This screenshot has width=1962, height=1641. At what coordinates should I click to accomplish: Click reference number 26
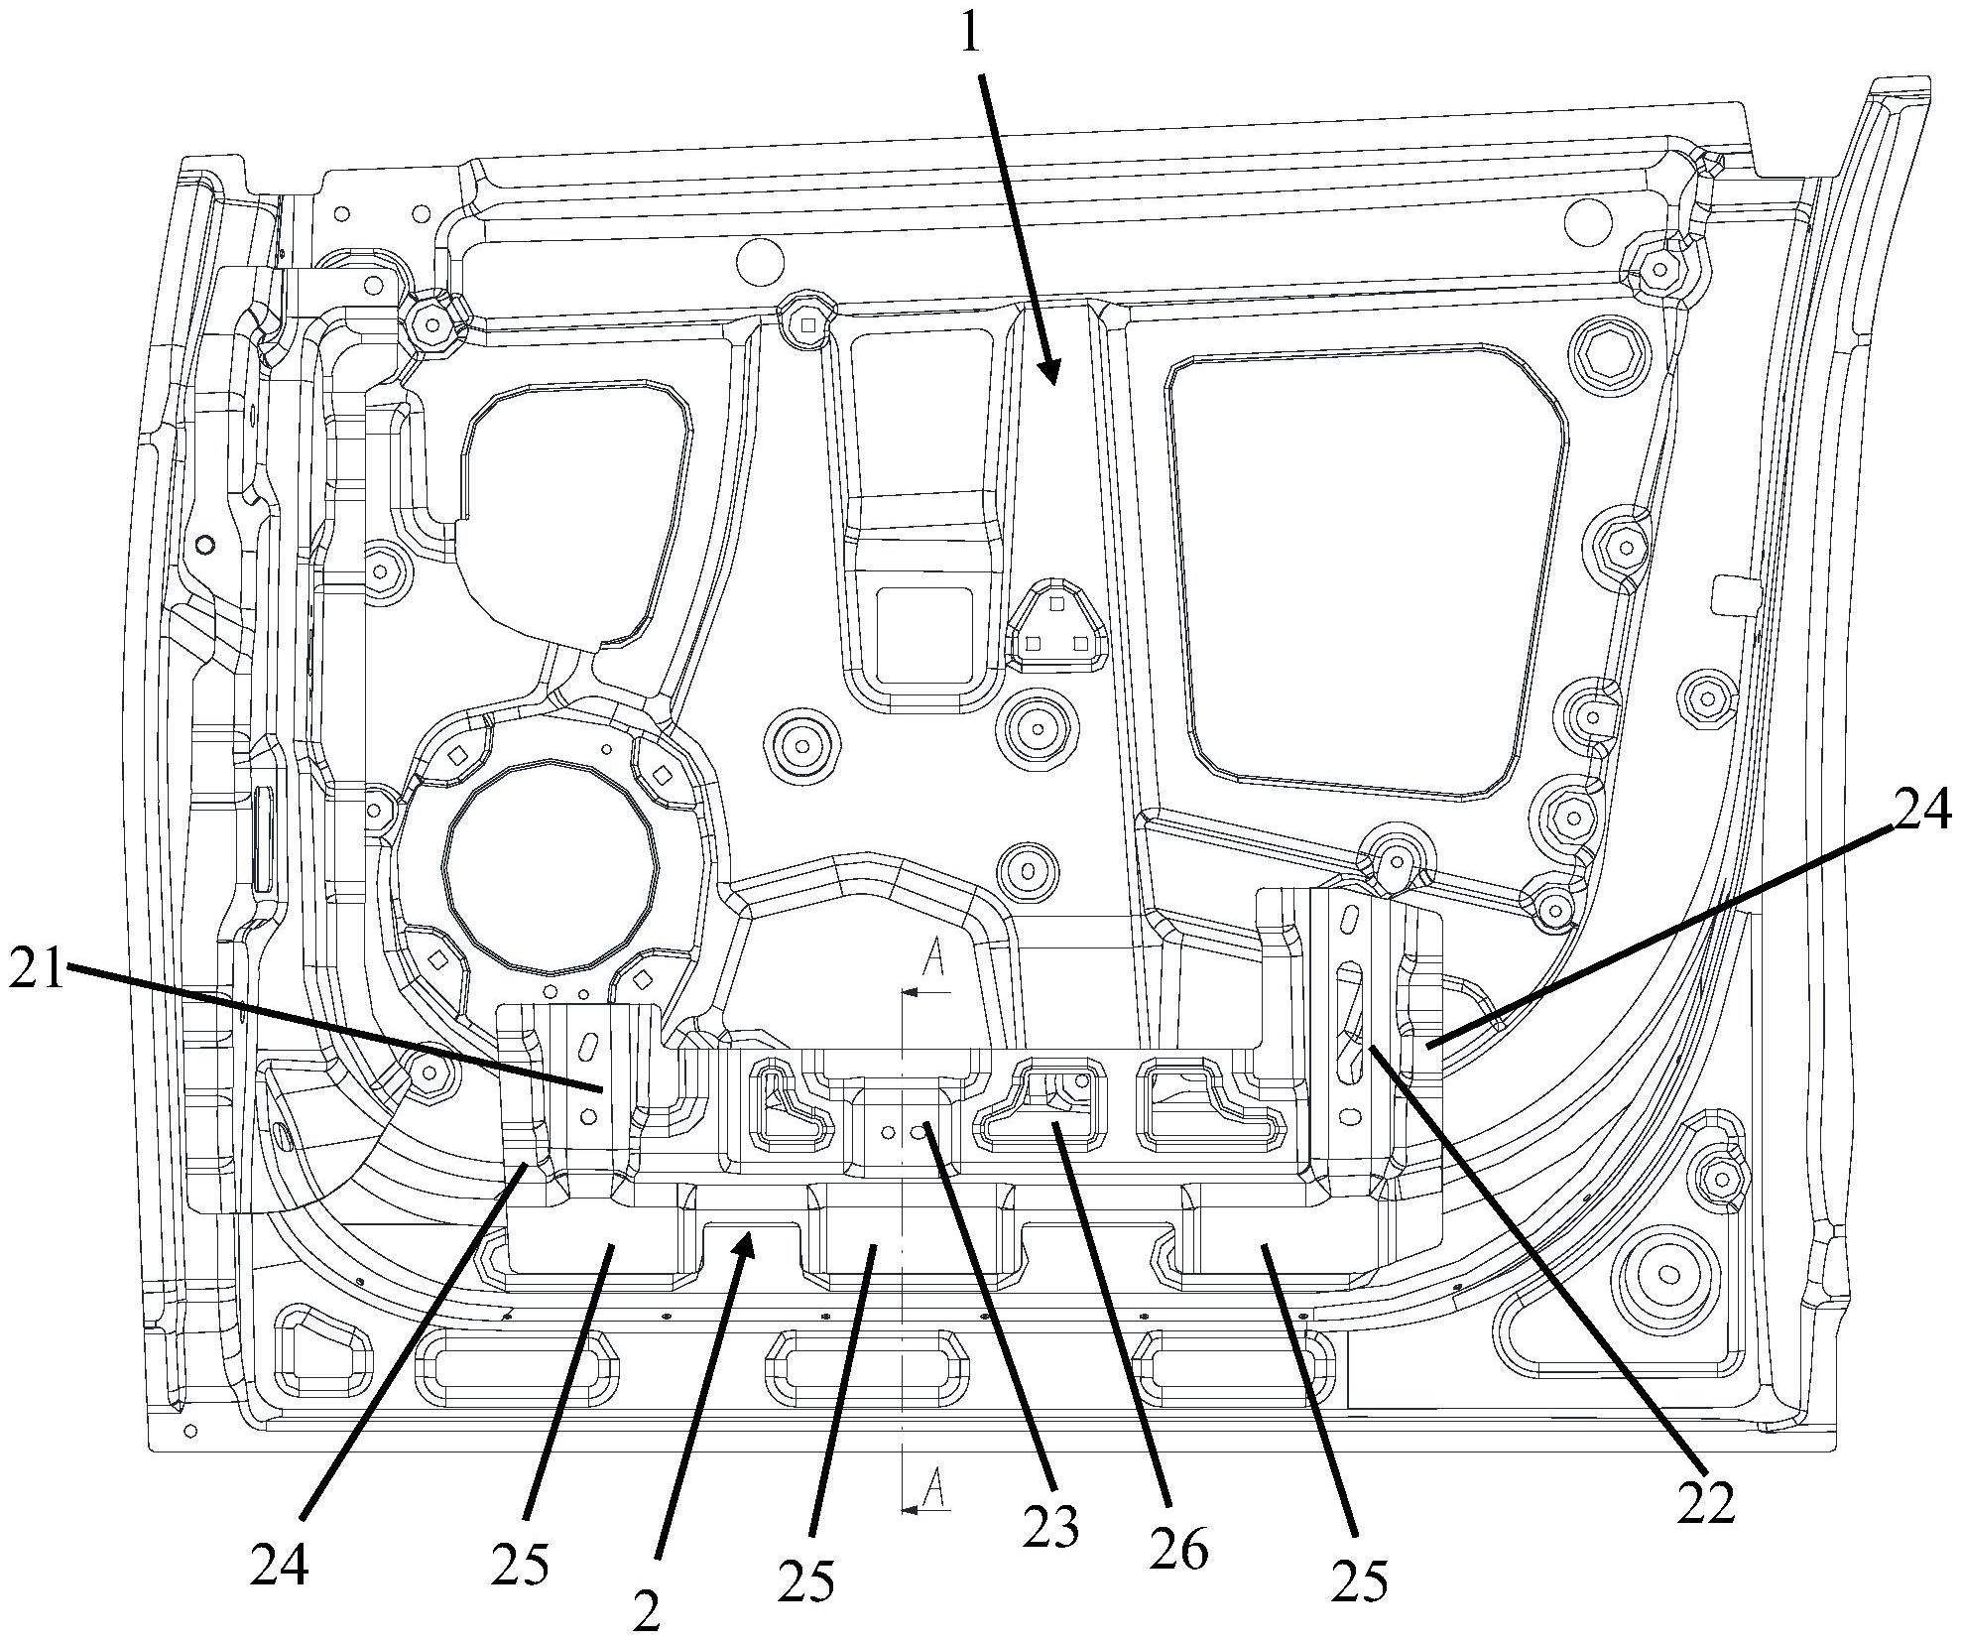coord(1179,1550)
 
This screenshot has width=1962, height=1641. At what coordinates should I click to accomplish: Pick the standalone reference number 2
coord(646,1614)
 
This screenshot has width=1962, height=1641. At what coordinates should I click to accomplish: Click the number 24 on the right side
coord(1923,814)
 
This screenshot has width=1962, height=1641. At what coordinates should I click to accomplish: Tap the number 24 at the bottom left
coord(279,1567)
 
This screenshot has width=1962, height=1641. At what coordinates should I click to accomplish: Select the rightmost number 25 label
coord(1359,1583)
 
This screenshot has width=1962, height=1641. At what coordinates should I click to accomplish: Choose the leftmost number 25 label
coord(520,1565)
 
